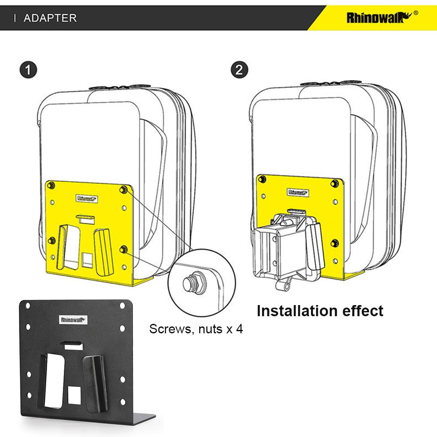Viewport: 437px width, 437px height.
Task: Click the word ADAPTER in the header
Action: pyautogui.click(x=50, y=18)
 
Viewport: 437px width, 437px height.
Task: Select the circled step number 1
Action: pyautogui.click(x=28, y=70)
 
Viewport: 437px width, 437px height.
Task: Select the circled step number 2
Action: pyautogui.click(x=239, y=70)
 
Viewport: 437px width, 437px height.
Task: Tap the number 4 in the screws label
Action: pyautogui.click(x=239, y=329)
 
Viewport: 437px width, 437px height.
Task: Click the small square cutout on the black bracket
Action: pyautogui.click(x=75, y=395)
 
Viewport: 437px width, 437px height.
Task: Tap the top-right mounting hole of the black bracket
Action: pyautogui.click(x=122, y=306)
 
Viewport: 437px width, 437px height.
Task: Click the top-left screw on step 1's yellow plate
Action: pyautogui.click(x=51, y=185)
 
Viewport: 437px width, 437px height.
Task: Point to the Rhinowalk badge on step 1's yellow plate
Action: pyautogui.click(x=87, y=199)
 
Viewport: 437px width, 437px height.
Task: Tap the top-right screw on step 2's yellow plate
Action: pyautogui.click(x=335, y=183)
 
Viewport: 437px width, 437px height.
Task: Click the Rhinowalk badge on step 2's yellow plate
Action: pyautogui.click(x=298, y=192)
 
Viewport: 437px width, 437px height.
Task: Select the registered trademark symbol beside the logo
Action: pyautogui.click(x=416, y=13)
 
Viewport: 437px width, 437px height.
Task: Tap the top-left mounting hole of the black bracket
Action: pyautogui.click(x=27, y=306)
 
